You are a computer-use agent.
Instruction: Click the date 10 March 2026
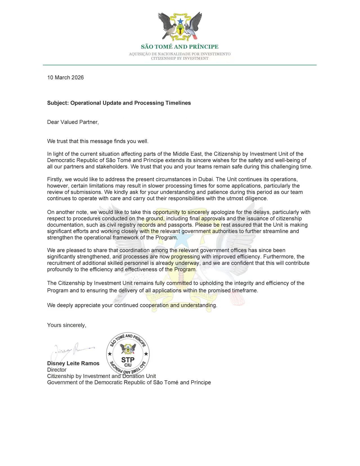pos(65,78)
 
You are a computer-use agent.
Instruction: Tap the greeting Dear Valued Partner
pos(73,122)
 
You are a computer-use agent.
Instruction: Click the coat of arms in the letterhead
pos(180,26)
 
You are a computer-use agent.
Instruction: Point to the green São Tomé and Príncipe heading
pos(180,47)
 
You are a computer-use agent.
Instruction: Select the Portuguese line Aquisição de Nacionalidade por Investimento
pos(180,54)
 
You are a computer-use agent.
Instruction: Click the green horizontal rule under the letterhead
pos(180,65)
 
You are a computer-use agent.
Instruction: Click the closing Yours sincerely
pos(67,325)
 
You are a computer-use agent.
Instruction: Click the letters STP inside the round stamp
pos(128,360)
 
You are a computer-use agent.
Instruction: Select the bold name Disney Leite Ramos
pos(73,364)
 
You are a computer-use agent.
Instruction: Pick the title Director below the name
pos(57,370)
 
